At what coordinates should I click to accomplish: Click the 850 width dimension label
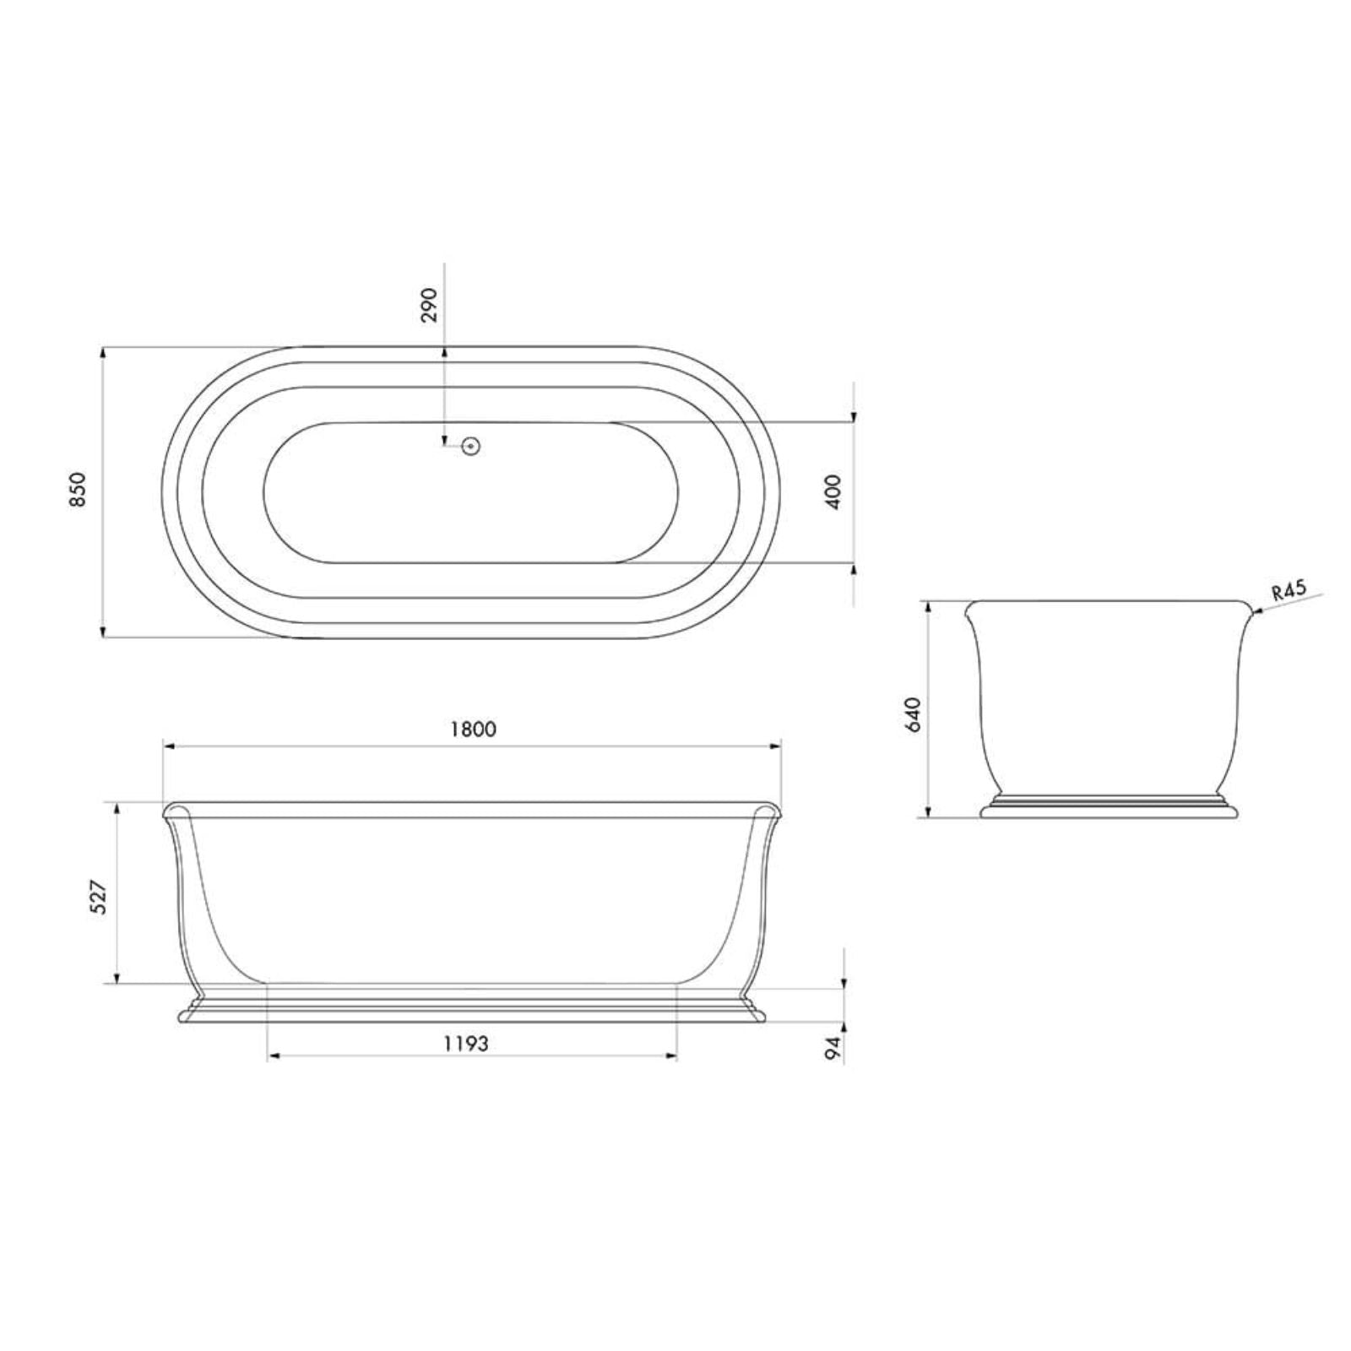78,490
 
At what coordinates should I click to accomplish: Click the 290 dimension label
429,304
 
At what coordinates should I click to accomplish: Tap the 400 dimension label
833,491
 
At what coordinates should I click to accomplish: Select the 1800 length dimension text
473,729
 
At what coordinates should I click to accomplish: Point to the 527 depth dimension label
99,897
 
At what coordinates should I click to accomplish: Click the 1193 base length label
466,1044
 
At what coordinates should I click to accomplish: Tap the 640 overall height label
914,714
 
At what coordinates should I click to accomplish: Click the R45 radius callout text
1289,590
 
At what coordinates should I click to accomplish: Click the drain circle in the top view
471,445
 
